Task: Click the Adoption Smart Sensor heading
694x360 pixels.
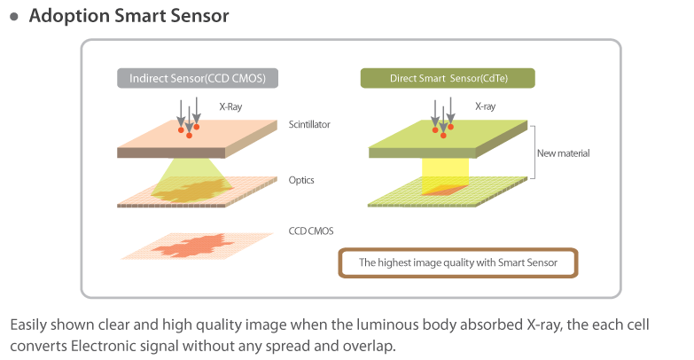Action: click(x=129, y=16)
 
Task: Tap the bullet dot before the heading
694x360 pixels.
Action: click(x=13, y=17)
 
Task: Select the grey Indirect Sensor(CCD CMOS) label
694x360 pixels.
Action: click(x=198, y=78)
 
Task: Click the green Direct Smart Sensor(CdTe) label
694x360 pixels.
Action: click(x=448, y=78)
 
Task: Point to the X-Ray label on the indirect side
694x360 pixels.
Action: click(x=230, y=106)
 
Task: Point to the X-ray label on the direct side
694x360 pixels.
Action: click(x=485, y=106)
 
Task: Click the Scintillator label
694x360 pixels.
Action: click(x=309, y=125)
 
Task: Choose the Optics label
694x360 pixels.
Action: click(x=301, y=180)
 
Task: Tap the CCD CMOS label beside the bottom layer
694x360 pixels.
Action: click(x=309, y=231)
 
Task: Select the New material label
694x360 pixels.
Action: click(x=563, y=153)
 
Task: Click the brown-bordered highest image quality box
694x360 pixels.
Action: click(x=457, y=263)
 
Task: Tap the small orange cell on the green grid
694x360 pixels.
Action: click(x=447, y=190)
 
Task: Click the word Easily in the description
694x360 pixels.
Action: click(x=28, y=325)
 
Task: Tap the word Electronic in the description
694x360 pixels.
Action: click(x=103, y=344)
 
